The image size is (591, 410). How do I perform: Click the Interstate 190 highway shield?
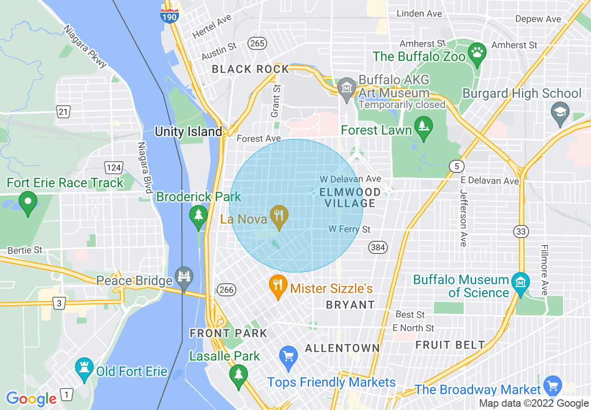click(x=169, y=15)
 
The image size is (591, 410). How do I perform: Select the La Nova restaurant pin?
click(x=279, y=216)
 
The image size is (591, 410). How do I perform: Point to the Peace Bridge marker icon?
click(x=184, y=278)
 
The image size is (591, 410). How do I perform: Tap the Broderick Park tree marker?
click(x=199, y=216)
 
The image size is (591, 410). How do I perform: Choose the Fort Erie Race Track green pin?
click(x=27, y=202)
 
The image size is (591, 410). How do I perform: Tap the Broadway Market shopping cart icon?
click(x=553, y=385)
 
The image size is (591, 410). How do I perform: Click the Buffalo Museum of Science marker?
click(x=521, y=282)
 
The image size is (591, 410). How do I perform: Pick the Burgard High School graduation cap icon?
click(x=560, y=113)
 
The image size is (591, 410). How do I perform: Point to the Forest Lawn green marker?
click(x=424, y=127)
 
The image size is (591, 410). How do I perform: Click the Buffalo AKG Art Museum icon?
click(x=347, y=88)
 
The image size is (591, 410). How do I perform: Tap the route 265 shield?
click(x=257, y=43)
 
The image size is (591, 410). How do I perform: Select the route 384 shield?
click(x=378, y=247)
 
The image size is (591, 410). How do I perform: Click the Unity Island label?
click(x=188, y=131)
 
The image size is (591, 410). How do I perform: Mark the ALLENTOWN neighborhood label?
click(x=343, y=348)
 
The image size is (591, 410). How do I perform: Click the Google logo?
click(x=31, y=399)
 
